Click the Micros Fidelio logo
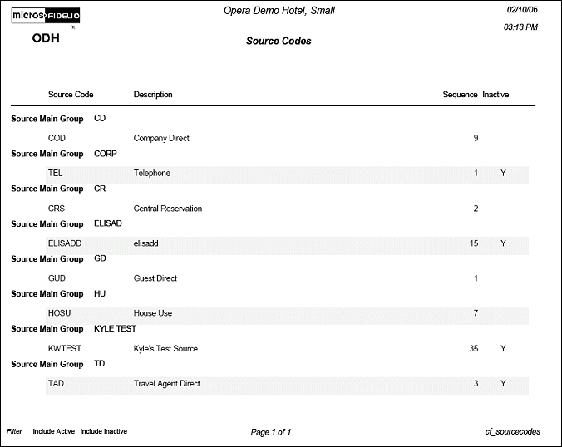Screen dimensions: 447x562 [46, 16]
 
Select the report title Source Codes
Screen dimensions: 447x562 [279, 41]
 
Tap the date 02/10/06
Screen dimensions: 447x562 [522, 9]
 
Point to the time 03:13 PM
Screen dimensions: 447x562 [520, 27]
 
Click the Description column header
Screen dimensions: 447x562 [153, 95]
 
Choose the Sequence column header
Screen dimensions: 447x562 [460, 95]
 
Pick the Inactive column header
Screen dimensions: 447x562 [495, 95]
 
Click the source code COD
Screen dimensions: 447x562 [57, 138]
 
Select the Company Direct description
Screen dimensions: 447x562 [161, 138]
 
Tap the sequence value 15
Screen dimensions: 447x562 [474, 243]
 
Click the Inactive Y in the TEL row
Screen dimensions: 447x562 [503, 173]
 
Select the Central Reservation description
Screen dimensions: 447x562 [167, 209]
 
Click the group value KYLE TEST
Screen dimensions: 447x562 [115, 329]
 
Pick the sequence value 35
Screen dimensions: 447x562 [474, 349]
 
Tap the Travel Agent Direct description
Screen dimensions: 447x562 [166, 384]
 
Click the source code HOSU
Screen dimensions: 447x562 [60, 313]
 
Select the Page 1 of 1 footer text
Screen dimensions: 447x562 [270, 432]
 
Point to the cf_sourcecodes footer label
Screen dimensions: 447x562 [512, 432]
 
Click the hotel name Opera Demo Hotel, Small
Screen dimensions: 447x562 [279, 11]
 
